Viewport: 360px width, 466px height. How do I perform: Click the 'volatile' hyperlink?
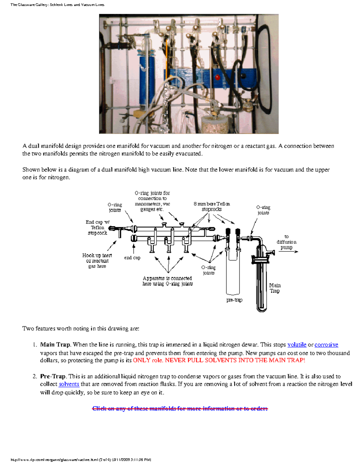[297, 345]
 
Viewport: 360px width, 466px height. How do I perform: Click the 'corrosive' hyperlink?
[326, 345]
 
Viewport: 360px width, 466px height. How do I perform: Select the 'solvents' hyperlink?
[69, 384]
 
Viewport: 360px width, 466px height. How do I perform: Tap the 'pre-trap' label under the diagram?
[234, 300]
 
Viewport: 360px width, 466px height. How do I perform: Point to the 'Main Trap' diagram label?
[275, 288]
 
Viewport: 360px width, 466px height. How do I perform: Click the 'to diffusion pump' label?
[286, 242]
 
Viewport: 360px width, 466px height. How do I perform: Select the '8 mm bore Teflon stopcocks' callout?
[212, 206]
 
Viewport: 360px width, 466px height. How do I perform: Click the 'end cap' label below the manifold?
[132, 258]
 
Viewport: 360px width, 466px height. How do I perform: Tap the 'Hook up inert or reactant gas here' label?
[97, 260]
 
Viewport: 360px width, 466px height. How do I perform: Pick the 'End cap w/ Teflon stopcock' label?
[97, 227]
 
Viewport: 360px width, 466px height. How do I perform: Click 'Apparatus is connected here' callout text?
[167, 281]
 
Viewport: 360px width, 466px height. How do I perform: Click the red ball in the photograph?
[217, 77]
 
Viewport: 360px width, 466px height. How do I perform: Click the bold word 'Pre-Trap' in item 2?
[53, 376]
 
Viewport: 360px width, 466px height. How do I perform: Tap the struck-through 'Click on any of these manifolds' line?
[180, 408]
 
